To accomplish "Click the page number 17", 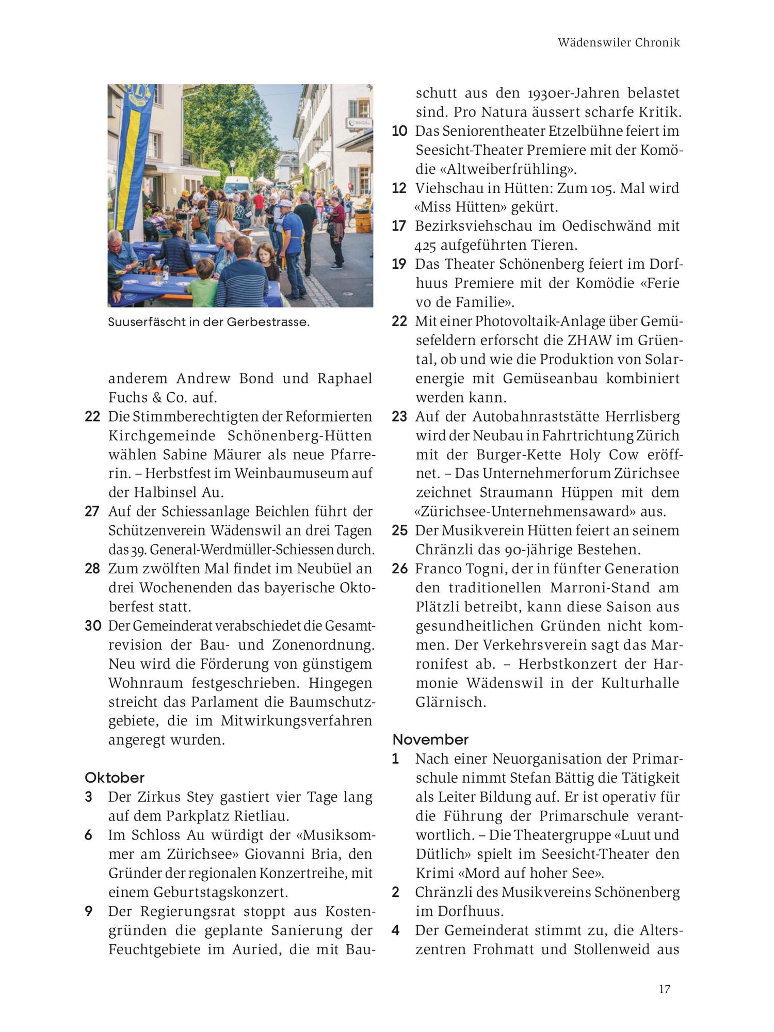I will pyautogui.click(x=664, y=989).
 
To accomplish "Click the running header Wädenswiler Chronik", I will pyautogui.click(x=619, y=43).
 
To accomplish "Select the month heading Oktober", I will pyautogui.click(x=115, y=778).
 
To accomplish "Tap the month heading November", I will pyautogui.click(x=430, y=739).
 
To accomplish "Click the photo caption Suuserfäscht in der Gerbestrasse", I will pyautogui.click(x=208, y=322).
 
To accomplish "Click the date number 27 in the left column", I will pyautogui.click(x=92, y=511).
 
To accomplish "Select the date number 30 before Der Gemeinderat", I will pyautogui.click(x=93, y=626).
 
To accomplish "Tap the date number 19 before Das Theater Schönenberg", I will pyautogui.click(x=399, y=264).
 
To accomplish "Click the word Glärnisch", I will pyautogui.click(x=450, y=702).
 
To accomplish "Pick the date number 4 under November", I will pyautogui.click(x=396, y=930).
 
